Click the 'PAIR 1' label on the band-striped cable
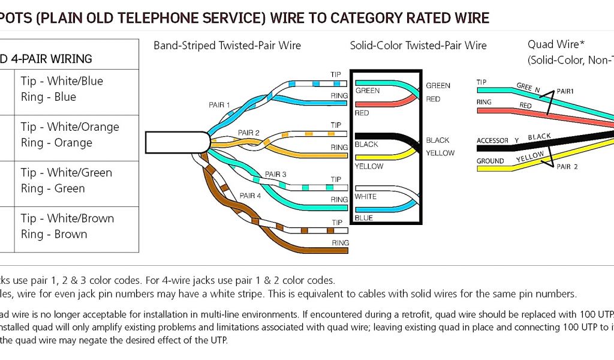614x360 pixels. pos(219,105)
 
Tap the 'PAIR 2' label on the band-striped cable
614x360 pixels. pos(248,133)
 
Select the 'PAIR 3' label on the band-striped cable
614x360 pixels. pos(276,175)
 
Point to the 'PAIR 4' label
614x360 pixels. pos(250,196)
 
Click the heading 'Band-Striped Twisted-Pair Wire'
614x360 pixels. pos(227,46)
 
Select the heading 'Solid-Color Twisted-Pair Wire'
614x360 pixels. pos(418,46)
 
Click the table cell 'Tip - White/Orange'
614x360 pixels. pos(70,127)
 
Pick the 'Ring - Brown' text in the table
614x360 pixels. pos(54,234)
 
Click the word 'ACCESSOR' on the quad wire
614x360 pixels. pos(492,141)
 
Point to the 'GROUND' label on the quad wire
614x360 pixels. pos(490,161)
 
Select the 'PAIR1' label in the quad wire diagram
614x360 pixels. pos(565,91)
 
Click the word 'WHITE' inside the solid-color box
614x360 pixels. pos(365,197)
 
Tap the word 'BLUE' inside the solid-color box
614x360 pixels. pos(363,218)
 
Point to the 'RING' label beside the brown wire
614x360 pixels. pos(340,243)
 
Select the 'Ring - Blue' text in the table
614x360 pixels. pos(49,97)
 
